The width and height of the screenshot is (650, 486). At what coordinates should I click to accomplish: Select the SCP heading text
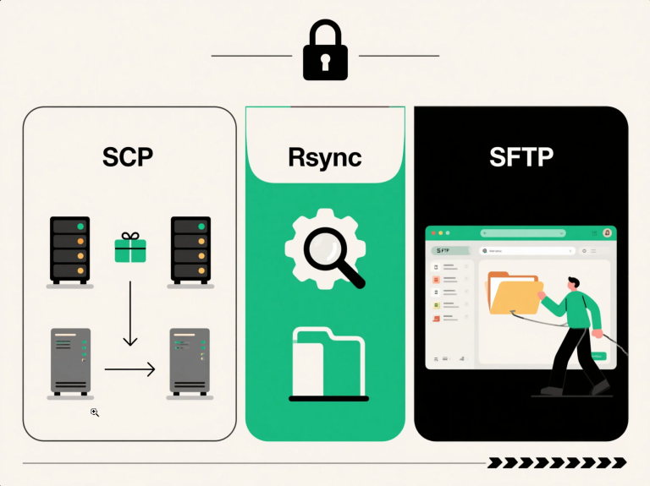click(129, 157)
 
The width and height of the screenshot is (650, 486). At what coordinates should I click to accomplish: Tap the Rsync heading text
click(324, 157)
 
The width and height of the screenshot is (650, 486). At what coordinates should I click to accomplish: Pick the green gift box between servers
click(130, 247)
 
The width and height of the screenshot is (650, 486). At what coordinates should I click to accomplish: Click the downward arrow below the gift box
click(129, 314)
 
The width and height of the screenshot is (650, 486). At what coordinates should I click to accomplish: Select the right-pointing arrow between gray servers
click(130, 369)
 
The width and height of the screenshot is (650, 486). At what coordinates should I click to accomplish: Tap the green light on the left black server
click(80, 227)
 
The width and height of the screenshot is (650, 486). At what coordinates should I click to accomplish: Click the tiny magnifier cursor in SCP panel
click(95, 412)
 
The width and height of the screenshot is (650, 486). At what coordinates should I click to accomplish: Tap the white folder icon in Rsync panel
click(328, 362)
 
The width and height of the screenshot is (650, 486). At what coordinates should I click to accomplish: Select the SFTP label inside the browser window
click(442, 251)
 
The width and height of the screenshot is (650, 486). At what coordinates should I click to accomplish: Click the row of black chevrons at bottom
click(557, 462)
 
